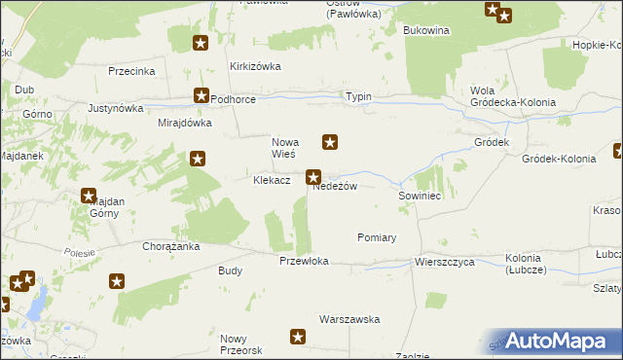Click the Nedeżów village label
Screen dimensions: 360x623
pos(341,186)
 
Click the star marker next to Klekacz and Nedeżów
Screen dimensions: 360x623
pos(313,177)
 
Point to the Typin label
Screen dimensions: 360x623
pos(358,97)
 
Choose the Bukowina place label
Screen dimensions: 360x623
pos(426,30)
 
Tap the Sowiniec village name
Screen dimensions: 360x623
pos(421,196)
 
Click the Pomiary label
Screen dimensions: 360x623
pos(377,237)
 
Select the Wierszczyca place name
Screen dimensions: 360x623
pos(444,262)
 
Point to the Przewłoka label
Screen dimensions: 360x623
pos(304,261)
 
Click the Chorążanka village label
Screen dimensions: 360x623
pos(171,247)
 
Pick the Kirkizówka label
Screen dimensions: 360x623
pos(255,66)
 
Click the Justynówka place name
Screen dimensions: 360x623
pos(116,108)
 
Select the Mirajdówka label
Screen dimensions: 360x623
pos(185,124)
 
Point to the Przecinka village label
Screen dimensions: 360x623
pos(133,71)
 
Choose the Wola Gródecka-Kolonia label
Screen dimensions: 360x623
pos(512,96)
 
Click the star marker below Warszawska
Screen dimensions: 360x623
pos(298,338)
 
